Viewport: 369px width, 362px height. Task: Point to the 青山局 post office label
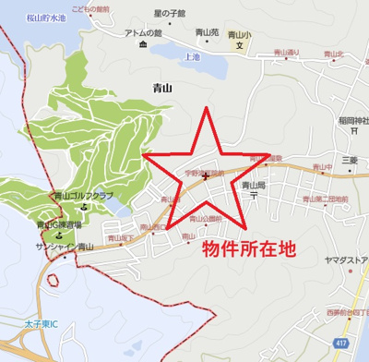[x=253, y=185]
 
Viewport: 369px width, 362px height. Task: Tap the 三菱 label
[x=348, y=159]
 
